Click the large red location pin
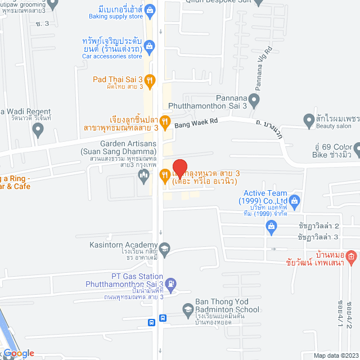pos(179,168)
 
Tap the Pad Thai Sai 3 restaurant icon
pos(149,80)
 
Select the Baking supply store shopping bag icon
pos(150,9)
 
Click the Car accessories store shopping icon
pos(149,45)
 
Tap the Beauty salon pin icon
pos(308,120)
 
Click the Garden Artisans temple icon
pos(143,176)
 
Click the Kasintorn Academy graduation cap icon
pos(164,247)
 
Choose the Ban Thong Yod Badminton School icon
pos(188,309)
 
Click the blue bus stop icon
pos(152,323)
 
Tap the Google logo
pos(19,353)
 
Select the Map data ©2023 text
pos(335,355)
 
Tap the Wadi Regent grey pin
pos(38,131)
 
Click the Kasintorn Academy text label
pos(123,245)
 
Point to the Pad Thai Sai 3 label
pos(118,79)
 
